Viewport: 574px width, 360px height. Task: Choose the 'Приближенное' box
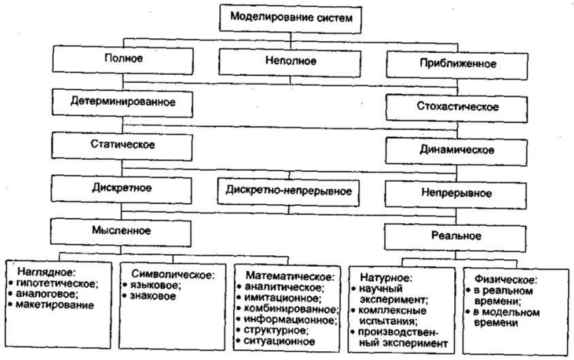point(458,65)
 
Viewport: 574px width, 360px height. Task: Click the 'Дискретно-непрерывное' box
point(289,191)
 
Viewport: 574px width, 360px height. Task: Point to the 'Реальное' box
point(457,236)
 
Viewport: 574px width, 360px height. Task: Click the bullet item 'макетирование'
point(54,306)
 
